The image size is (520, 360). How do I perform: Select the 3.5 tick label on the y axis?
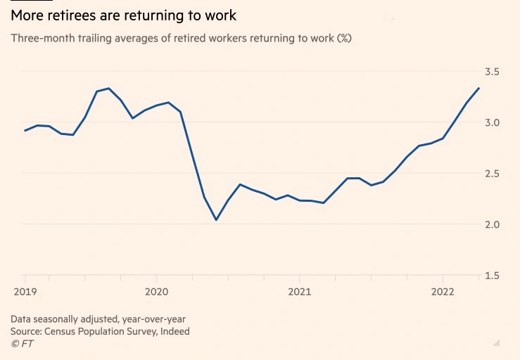point(491,72)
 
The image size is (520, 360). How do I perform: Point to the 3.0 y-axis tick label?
point(491,122)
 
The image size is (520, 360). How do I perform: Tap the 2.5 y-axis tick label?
point(491,173)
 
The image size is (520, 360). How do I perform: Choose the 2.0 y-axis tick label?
point(491,224)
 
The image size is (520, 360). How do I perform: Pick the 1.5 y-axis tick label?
point(491,275)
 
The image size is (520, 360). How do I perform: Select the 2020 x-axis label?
point(156,290)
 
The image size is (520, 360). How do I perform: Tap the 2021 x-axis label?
point(300,290)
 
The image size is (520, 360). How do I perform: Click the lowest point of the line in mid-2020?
point(216,220)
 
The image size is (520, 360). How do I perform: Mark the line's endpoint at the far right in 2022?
point(479,88)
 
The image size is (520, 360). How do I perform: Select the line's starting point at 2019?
point(25,131)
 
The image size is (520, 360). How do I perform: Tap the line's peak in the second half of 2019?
point(108,89)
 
